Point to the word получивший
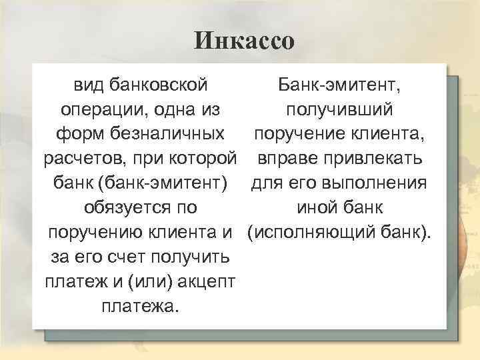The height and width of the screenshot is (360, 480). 339,109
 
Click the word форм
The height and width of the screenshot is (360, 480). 75,134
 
